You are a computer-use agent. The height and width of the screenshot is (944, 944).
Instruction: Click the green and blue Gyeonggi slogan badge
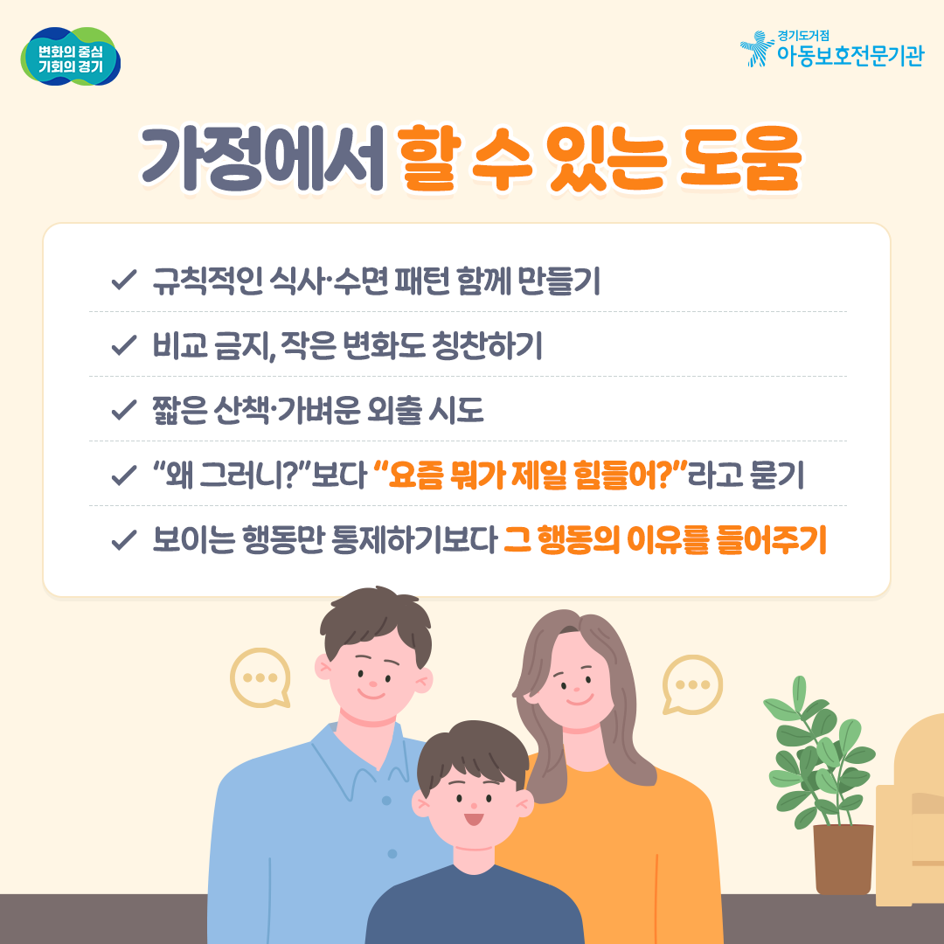click(x=71, y=57)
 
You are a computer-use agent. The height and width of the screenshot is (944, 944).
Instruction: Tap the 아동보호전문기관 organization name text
click(x=850, y=55)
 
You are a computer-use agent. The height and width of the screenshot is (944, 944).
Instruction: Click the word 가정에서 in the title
click(x=262, y=159)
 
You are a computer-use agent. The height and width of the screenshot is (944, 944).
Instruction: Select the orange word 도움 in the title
click(x=740, y=157)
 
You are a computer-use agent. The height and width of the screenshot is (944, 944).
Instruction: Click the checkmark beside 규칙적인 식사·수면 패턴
click(x=123, y=280)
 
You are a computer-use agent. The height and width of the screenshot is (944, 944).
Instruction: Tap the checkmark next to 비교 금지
click(x=123, y=345)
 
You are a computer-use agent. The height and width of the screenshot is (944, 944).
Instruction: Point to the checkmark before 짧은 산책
click(x=123, y=410)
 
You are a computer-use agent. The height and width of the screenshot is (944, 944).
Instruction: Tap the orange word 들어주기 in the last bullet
click(x=771, y=539)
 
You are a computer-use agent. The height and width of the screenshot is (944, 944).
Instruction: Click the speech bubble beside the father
click(x=260, y=678)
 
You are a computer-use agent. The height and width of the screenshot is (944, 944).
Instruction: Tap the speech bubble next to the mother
click(x=692, y=684)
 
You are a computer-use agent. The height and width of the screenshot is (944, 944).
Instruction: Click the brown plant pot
click(x=843, y=859)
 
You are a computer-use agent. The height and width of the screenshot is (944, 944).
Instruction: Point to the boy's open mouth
click(x=474, y=819)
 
